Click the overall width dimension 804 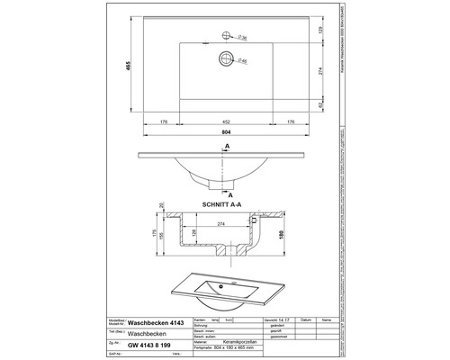[225, 131]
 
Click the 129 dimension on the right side [320, 31]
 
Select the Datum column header [307, 319]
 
